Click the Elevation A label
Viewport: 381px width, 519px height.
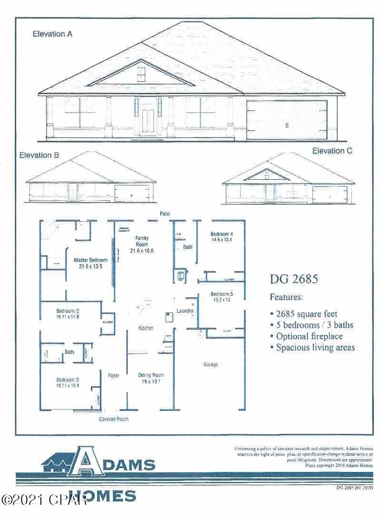[x=52, y=34]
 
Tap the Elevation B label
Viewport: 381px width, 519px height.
[x=39, y=155]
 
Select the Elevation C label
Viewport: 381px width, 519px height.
[x=332, y=151]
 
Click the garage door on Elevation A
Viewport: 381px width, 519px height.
[x=287, y=120]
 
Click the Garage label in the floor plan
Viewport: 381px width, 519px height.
[x=211, y=364]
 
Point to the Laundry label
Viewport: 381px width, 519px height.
[x=185, y=311]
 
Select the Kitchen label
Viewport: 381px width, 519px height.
[x=146, y=328]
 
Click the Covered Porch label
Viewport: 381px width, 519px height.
[x=113, y=419]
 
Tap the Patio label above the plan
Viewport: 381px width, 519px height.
[x=165, y=214]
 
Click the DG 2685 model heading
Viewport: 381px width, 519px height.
[x=294, y=279]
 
